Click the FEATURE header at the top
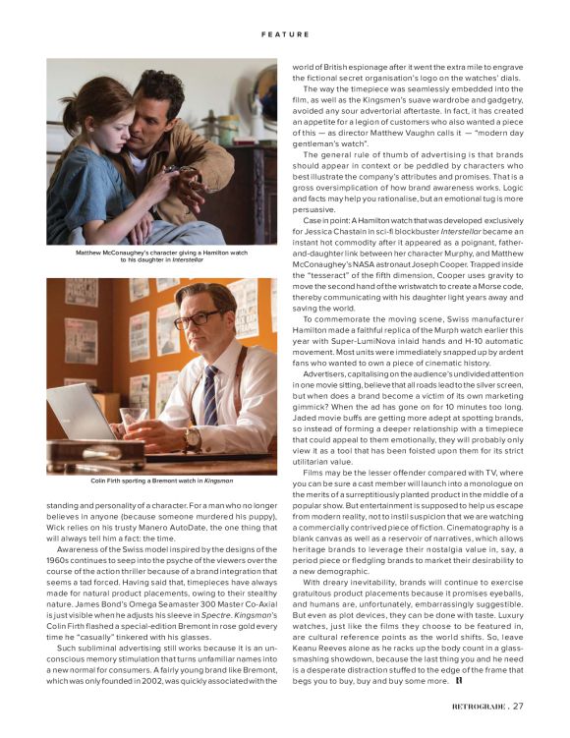285,34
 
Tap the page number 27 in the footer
518,704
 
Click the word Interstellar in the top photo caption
187,259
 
